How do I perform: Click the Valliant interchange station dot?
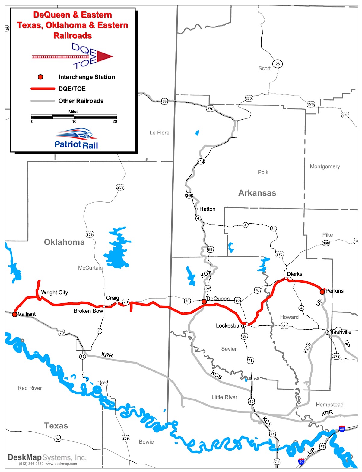click(14, 314)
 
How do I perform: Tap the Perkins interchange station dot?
click(322, 292)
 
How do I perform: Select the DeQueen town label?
click(218, 299)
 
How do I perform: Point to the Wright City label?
click(55, 292)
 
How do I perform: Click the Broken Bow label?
click(88, 311)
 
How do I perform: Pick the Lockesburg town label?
click(230, 325)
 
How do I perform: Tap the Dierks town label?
click(294, 274)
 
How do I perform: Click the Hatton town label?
click(207, 209)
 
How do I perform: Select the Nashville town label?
click(340, 332)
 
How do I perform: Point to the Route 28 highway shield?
click(278, 64)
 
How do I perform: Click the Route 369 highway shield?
click(326, 243)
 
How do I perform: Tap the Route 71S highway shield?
click(201, 161)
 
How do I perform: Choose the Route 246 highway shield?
click(189, 195)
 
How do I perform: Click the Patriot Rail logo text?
click(76, 144)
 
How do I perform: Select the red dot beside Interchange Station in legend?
click(40, 77)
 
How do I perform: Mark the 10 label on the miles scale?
click(74, 121)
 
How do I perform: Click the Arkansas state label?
click(257, 193)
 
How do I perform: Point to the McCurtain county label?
click(90, 268)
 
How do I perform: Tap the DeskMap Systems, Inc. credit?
click(47, 457)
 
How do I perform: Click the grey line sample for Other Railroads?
click(42, 101)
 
